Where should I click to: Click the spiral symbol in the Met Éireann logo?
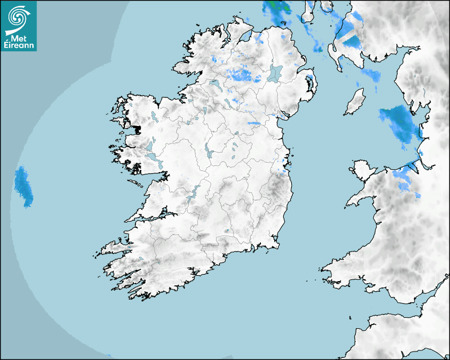(18, 15)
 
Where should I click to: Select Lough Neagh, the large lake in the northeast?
(275, 73)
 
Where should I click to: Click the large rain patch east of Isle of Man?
(397, 121)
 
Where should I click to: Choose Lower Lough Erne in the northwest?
(214, 84)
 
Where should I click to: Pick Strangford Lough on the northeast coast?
(310, 82)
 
